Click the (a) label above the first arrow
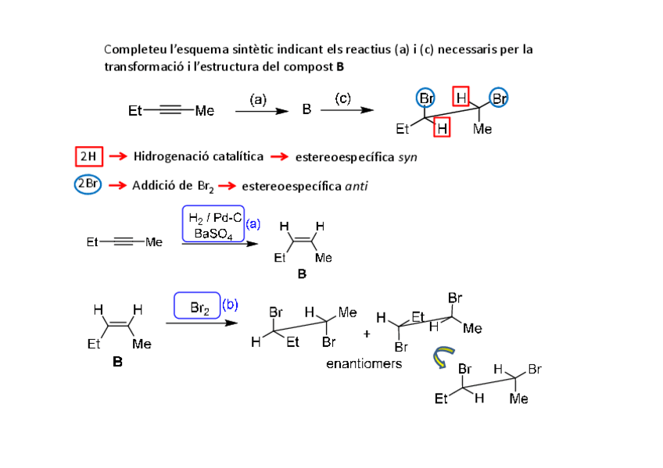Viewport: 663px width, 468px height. tap(259, 99)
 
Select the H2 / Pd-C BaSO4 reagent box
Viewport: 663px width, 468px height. tap(213, 224)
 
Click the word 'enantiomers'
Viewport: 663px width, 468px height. tap(364, 364)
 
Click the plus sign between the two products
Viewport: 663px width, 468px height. tap(367, 334)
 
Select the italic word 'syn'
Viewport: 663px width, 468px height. tap(407, 157)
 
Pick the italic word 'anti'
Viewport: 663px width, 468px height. tap(356, 186)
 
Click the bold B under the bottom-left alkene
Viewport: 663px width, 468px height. tap(117, 363)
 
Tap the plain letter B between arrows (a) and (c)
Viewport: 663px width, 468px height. tap(306, 110)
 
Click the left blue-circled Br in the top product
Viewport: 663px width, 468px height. tap(427, 98)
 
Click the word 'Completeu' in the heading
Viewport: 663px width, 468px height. tap(134, 49)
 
